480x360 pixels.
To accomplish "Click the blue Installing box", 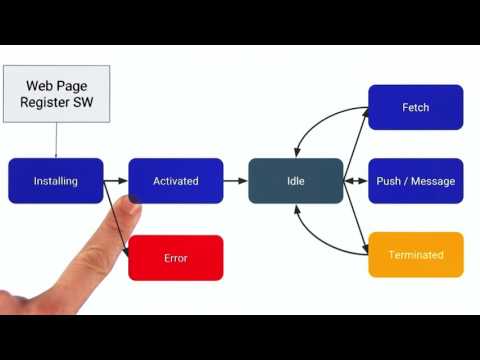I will (55, 181).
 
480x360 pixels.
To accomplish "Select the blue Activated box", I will (176, 181).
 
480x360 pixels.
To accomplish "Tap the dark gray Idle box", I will (295, 181).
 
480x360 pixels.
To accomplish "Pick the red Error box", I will (175, 258).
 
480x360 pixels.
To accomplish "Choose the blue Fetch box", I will (415, 107).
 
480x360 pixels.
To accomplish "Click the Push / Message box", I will (415, 181).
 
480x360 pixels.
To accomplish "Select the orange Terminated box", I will (415, 255).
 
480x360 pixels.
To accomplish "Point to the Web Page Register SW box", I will (56, 94).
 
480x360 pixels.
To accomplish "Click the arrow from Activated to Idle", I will (235, 181).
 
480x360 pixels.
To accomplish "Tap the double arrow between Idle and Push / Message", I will (355, 181).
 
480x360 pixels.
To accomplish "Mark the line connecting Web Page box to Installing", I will (56, 140).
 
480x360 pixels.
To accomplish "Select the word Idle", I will (295, 181).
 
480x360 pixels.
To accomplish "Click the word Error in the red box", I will (175, 258).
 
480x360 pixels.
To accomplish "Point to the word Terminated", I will (415, 255).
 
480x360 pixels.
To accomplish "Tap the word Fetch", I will (415, 107).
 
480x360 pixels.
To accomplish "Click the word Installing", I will (55, 181).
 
